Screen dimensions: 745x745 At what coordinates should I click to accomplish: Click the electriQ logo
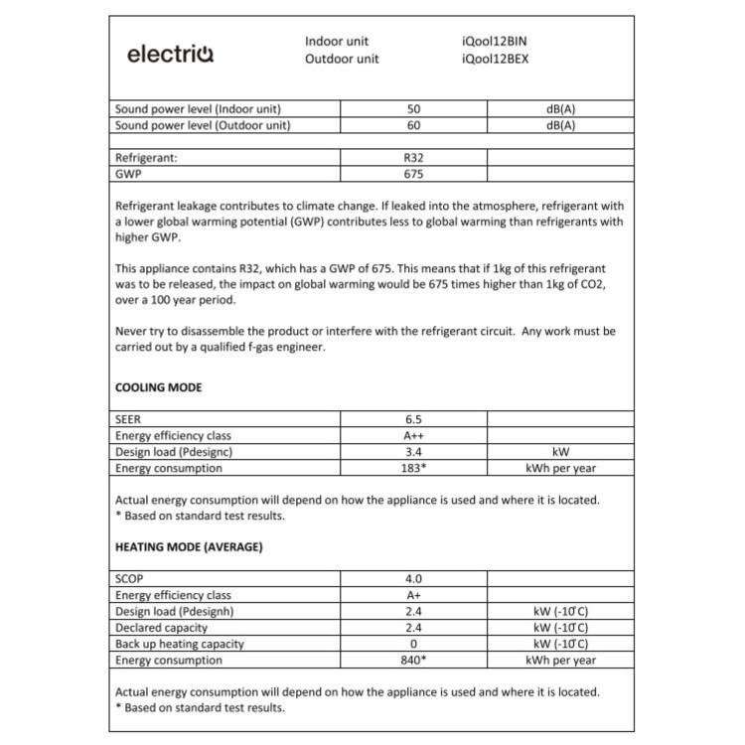170,53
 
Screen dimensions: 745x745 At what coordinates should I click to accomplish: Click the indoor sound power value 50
414,108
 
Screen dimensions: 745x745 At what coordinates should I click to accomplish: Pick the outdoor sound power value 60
414,125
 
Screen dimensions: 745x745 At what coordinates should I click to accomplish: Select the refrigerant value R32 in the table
414,157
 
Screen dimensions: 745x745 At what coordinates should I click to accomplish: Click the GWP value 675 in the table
414,174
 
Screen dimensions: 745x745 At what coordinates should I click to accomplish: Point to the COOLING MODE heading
159,387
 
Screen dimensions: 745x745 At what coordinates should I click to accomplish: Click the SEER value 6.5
414,419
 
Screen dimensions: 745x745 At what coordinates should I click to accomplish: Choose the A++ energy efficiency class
414,435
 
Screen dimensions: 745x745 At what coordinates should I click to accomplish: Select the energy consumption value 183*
414,468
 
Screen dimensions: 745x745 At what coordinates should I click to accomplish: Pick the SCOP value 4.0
414,578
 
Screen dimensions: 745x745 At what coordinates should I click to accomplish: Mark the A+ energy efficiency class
414,595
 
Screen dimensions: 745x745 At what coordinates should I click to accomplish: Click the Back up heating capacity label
180,644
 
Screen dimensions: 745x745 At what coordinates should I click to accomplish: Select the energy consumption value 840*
414,660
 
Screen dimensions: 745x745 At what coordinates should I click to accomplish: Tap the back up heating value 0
414,644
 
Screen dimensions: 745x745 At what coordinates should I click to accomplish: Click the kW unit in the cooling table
560,452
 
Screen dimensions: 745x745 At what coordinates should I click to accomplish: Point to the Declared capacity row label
162,628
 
